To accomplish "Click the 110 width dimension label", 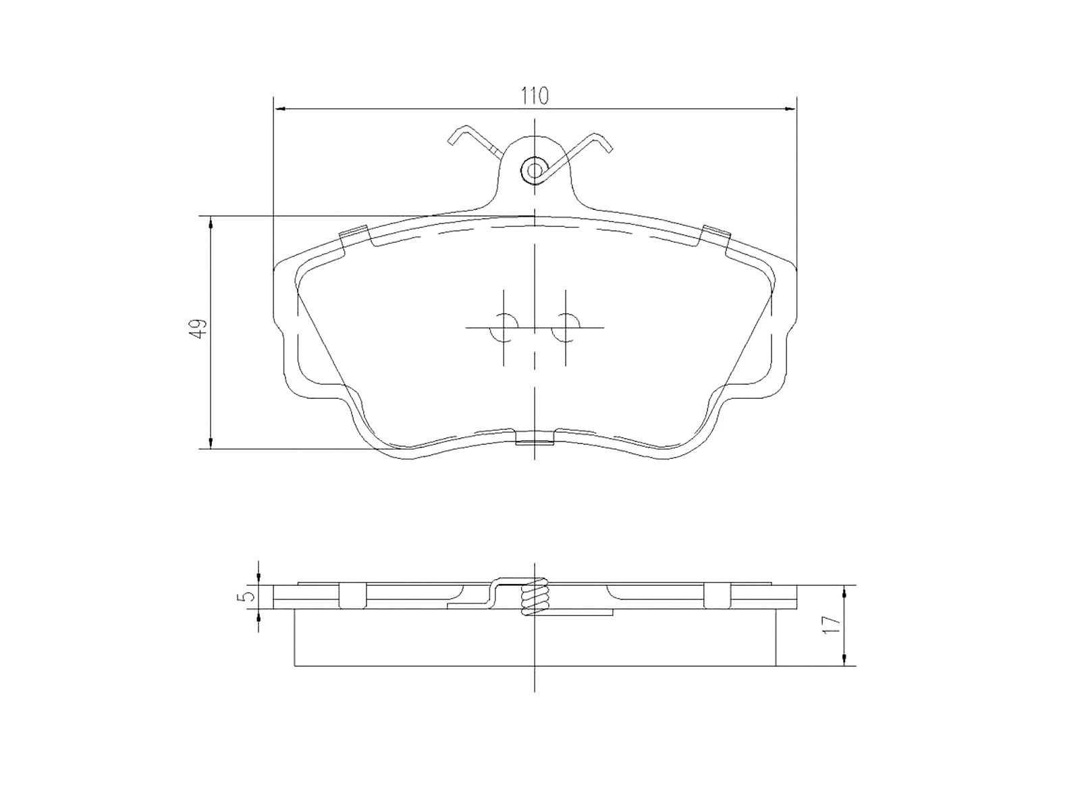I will (x=534, y=96).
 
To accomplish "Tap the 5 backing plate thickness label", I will (x=248, y=596).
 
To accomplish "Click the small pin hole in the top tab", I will (x=535, y=169).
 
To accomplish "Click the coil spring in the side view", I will (x=535, y=597).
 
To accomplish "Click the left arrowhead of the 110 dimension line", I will (x=279, y=108).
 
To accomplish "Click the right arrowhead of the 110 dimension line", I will (x=790, y=108).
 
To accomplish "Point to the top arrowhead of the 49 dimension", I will (x=211, y=222).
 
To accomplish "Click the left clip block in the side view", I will (x=352, y=595).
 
